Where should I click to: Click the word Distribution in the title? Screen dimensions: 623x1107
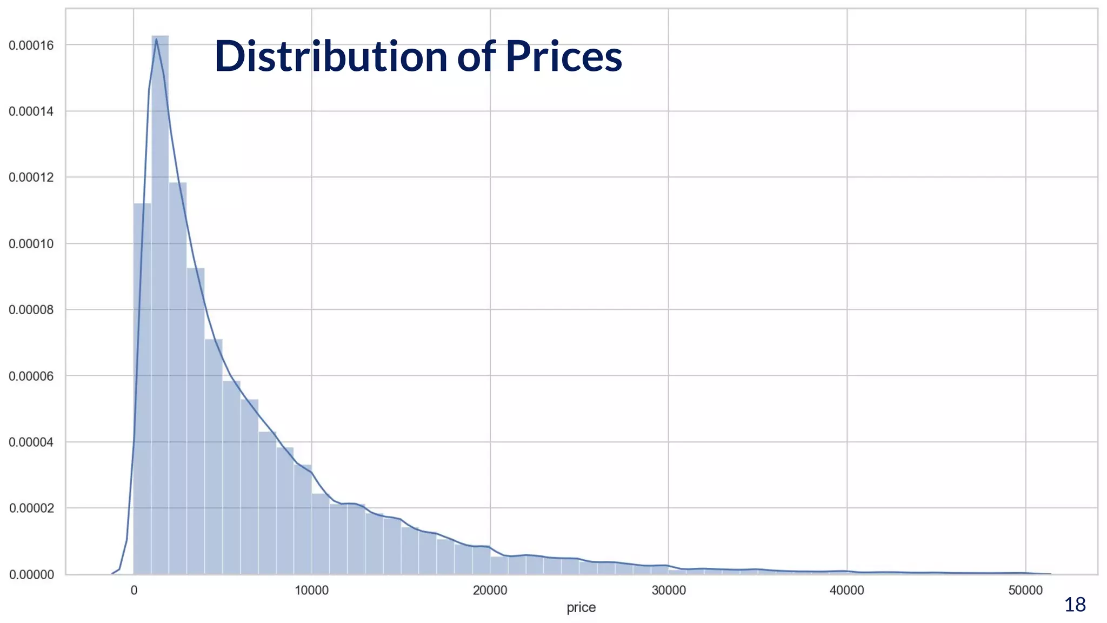tap(331, 56)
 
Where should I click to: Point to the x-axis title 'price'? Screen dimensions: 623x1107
tap(581, 607)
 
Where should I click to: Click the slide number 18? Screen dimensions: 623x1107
tap(1075, 605)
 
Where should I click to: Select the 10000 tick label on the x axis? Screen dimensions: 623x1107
tap(312, 590)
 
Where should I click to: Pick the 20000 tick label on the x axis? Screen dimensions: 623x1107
tap(490, 590)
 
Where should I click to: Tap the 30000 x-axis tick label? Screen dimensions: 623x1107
tap(669, 590)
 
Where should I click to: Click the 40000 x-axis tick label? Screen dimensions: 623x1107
tap(847, 590)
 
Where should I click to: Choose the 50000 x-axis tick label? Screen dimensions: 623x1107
tap(1025, 590)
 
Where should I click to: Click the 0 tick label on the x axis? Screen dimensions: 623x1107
tap(134, 590)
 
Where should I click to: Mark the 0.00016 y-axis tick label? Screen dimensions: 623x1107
tap(31, 45)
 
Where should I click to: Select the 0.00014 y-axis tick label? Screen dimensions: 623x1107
tap(31, 111)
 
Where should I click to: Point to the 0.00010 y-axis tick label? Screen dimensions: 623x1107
tap(31, 244)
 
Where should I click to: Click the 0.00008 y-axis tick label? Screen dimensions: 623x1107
tap(31, 310)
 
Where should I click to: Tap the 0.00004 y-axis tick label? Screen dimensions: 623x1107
tap(31, 442)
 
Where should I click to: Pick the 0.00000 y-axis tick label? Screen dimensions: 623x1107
tap(31, 574)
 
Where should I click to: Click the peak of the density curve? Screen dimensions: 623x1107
tap(156, 39)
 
